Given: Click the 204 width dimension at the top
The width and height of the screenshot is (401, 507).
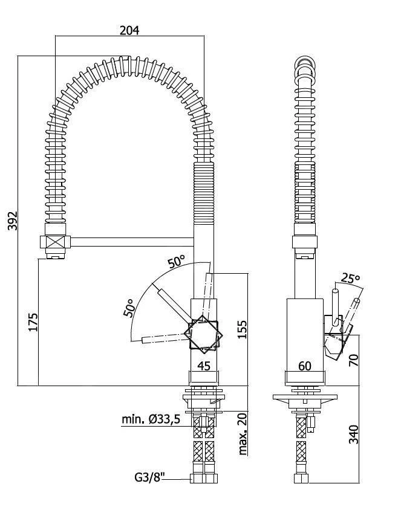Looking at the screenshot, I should click(x=129, y=30).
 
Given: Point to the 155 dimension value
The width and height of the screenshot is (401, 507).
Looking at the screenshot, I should click(x=241, y=330).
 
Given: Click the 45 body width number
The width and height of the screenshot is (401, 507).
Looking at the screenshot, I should click(x=204, y=366).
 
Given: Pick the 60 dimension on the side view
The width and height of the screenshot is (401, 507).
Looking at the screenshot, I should click(x=304, y=366).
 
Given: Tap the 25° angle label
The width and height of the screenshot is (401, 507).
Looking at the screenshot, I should click(x=349, y=278).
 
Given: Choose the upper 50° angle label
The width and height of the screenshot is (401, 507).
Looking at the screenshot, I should click(x=177, y=262).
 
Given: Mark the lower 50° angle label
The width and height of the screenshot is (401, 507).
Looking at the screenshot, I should click(x=129, y=308).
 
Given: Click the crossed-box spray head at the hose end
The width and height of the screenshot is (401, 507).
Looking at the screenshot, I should click(x=54, y=243).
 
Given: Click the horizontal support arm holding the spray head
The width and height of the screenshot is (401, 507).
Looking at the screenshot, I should click(x=133, y=243).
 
